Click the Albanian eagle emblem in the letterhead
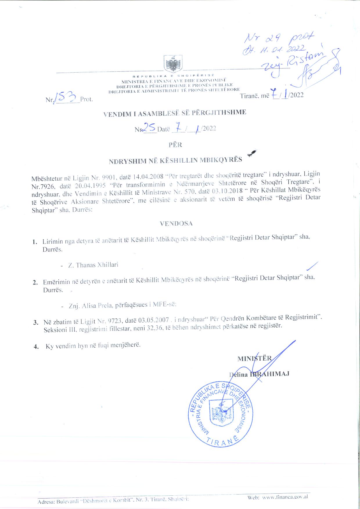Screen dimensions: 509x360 [x=173, y=64]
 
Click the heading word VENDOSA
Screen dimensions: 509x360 [x=176, y=224]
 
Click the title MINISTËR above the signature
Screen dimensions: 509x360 [x=254, y=358]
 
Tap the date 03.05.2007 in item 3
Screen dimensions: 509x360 [x=154, y=320]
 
